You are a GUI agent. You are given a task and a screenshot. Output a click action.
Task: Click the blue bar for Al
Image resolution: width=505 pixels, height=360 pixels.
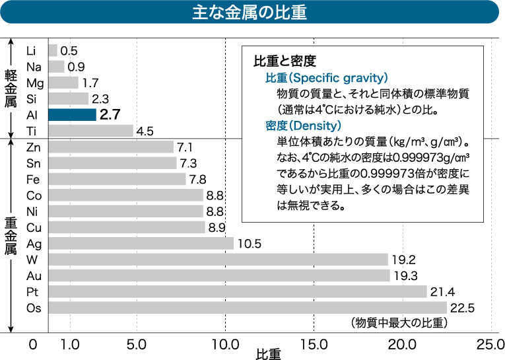pyautogui.click(x=72, y=115)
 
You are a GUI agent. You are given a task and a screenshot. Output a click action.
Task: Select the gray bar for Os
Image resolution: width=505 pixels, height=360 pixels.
pyautogui.click(x=248, y=308)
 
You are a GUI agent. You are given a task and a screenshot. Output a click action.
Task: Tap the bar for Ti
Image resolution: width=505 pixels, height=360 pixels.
pyautogui.click(x=90, y=131)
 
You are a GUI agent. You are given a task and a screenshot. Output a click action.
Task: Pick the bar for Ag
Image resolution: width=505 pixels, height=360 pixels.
pyautogui.click(x=141, y=244)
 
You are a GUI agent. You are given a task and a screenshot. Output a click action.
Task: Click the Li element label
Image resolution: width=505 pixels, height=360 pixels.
pyautogui.click(x=31, y=51)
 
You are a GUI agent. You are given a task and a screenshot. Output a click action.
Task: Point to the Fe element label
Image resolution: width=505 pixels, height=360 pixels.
pyautogui.click(x=32, y=180)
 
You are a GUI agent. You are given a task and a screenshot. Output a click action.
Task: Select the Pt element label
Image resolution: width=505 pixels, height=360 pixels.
pyautogui.click(x=32, y=292)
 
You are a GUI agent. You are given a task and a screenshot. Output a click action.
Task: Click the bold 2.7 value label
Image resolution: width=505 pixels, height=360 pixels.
pyautogui.click(x=110, y=115)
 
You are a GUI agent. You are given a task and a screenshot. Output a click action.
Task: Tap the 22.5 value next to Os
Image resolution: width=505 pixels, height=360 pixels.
pyautogui.click(x=462, y=308)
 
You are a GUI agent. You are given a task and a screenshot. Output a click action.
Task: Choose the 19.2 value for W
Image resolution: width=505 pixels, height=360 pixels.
pyautogui.click(x=403, y=260)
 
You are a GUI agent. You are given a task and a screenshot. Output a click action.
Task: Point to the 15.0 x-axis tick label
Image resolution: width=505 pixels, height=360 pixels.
pyautogui.click(x=314, y=345)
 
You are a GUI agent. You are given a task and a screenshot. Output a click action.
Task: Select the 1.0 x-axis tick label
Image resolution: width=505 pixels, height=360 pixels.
pyautogui.click(x=69, y=345)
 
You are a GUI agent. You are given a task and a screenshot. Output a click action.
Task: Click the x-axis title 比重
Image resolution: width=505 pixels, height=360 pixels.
pyautogui.click(x=268, y=354)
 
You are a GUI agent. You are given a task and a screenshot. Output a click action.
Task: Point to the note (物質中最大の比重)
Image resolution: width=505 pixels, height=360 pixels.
pyautogui.click(x=399, y=323)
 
